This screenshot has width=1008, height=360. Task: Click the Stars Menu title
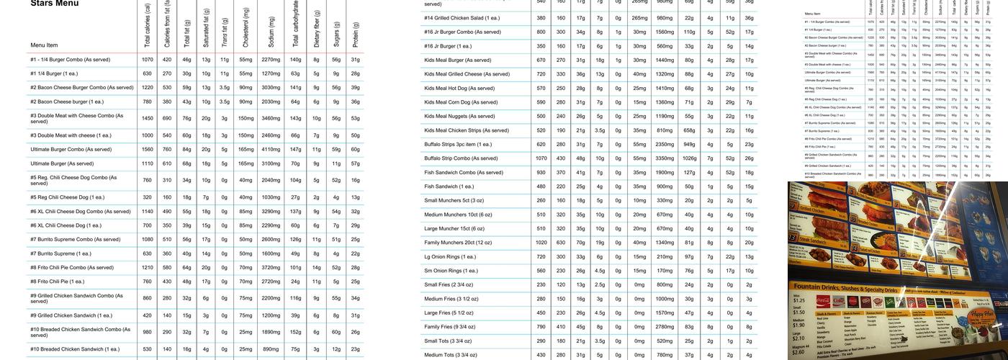coord(55,4)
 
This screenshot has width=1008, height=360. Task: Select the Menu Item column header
coord(44,45)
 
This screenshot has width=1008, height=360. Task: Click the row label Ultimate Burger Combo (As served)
coord(71,150)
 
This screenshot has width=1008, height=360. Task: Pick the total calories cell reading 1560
coord(148,150)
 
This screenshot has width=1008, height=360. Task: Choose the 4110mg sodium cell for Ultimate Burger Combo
coord(271,150)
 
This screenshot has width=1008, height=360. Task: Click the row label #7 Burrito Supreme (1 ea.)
coord(60,253)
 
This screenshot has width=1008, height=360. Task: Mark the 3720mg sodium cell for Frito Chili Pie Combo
coord(271,268)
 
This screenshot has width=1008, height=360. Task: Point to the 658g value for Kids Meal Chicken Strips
coord(690,130)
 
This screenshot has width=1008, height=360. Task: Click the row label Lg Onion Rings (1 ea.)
coord(450,257)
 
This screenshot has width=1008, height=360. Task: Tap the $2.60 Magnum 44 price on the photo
coord(798,352)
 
